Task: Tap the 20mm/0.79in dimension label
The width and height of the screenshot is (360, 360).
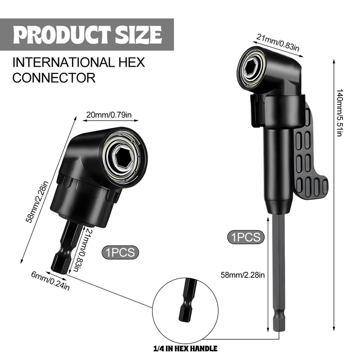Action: [x=109, y=115]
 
